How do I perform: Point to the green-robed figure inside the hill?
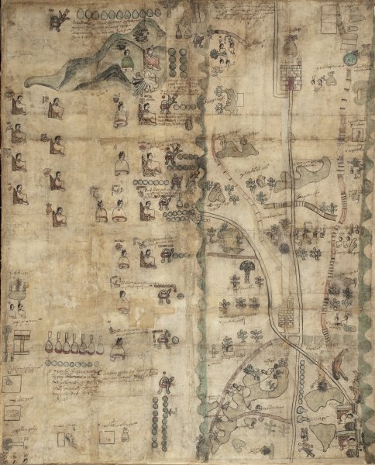click(126, 57)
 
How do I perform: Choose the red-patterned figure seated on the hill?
click(152, 59)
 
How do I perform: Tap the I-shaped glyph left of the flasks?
click(20, 340)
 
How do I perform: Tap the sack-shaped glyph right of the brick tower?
click(318, 80)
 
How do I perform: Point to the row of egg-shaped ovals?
click(116, 13)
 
